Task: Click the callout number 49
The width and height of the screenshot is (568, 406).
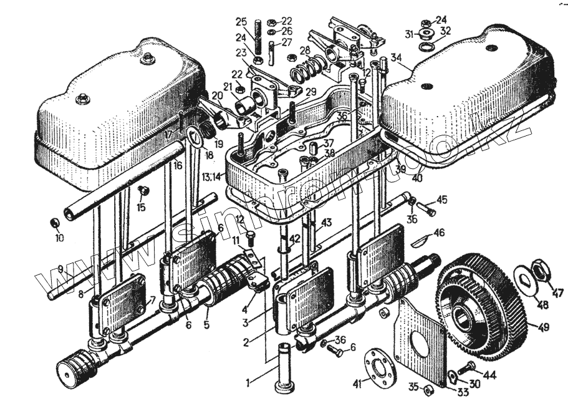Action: (x=544, y=326)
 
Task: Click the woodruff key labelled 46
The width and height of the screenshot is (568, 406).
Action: (x=421, y=239)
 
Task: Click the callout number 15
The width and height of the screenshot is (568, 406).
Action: (x=142, y=207)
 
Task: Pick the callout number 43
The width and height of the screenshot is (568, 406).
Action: (x=327, y=223)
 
